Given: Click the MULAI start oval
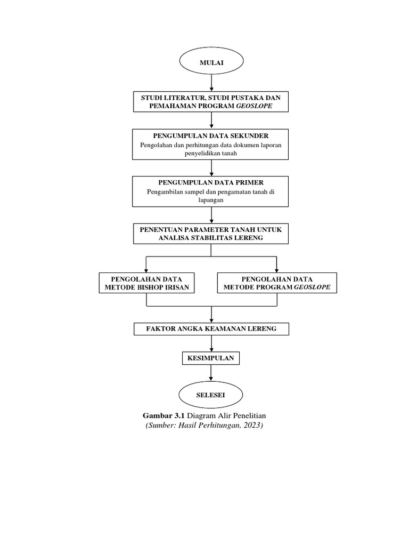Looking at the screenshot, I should click(211, 62).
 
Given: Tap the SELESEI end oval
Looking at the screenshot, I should click(211, 395).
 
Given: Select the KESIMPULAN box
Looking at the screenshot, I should click(211, 358).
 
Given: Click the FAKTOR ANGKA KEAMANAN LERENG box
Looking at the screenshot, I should click(211, 329).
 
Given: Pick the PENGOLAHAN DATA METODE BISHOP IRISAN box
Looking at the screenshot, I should click(146, 283).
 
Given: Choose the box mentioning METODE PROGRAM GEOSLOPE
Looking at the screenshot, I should click(277, 283).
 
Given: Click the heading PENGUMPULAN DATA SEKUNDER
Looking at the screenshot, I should click(211, 136).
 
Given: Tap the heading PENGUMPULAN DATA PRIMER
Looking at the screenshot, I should click(211, 182).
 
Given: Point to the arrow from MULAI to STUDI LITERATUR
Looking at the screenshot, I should click(212, 83).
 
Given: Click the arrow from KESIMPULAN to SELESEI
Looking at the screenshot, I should click(212, 373).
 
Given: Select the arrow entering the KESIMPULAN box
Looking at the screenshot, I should click(212, 343).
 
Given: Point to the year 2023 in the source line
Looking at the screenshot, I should click(252, 427).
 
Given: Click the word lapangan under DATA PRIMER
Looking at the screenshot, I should click(211, 200).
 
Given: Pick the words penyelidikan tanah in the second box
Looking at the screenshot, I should click(211, 154).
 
